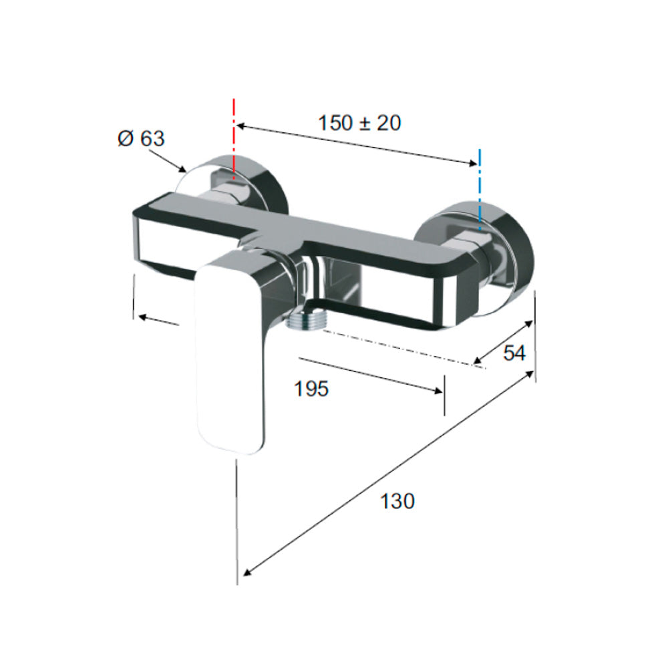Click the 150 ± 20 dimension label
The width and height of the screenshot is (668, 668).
[x=359, y=123]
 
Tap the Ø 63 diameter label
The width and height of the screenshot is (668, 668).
[x=141, y=138]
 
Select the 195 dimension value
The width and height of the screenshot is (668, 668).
[x=311, y=389]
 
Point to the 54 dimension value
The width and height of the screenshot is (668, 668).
[x=514, y=353]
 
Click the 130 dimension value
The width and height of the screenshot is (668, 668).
[x=397, y=501]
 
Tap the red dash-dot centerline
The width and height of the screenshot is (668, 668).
[x=233, y=138]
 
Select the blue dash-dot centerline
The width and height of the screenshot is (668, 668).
[x=480, y=190]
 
